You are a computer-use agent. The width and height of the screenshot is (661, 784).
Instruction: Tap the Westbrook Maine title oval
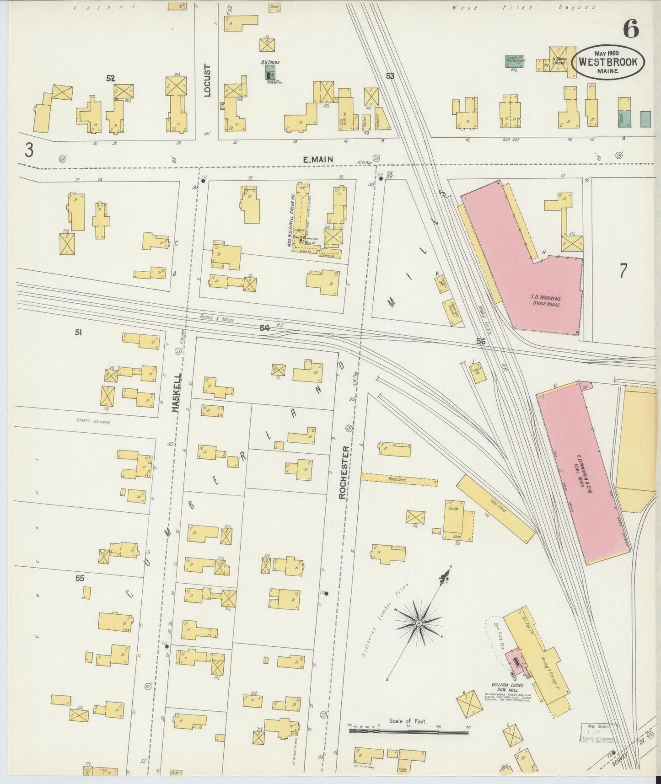608,63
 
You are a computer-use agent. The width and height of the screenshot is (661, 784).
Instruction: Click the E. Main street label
318,159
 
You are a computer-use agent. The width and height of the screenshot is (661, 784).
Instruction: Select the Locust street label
207,81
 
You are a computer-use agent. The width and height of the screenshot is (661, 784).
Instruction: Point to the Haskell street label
177,393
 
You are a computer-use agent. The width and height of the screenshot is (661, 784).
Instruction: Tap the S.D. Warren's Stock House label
546,301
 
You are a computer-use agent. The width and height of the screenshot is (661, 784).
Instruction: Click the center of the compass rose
419,623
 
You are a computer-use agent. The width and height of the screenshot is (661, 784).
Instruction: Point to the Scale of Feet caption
408,721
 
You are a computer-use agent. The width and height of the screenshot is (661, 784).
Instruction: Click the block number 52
110,78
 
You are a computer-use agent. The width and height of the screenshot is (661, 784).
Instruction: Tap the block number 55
80,578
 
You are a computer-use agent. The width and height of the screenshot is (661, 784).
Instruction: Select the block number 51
79,333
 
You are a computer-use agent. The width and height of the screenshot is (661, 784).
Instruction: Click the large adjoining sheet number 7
623,271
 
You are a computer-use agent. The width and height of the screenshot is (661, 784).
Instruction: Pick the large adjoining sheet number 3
29,150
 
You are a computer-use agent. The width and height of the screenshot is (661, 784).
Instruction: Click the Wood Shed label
397,479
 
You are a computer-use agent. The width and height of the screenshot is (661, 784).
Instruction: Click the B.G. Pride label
270,62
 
